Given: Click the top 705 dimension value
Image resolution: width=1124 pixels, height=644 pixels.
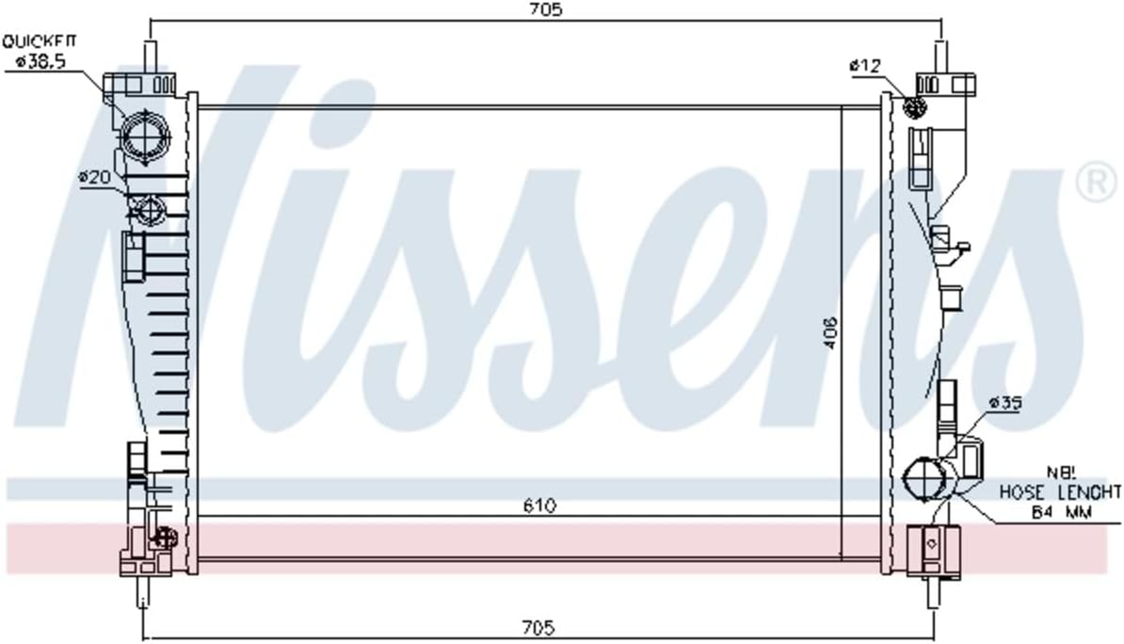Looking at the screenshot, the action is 545,9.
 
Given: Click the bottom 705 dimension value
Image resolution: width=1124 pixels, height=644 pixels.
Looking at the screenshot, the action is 538,627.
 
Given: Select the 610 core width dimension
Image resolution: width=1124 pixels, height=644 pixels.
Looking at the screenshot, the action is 539,506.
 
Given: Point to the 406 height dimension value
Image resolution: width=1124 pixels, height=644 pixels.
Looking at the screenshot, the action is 830,332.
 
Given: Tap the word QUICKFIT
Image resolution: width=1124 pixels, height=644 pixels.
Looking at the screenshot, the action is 39,41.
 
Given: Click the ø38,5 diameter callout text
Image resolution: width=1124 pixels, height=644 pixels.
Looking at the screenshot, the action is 41,62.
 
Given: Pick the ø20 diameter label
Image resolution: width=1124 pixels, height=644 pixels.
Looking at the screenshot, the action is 94,176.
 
